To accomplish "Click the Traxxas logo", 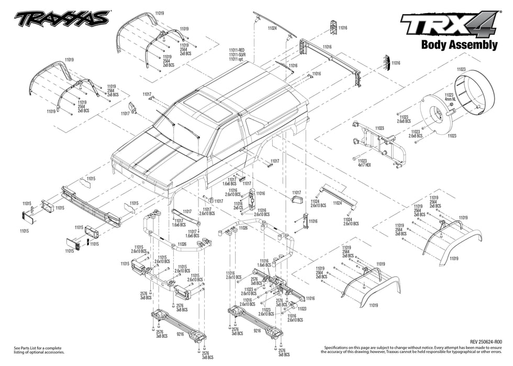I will tap(62, 19).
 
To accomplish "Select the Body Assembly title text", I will tap(459, 45).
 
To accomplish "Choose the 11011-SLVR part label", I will tap(237, 55).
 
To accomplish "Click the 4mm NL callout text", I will tap(452, 99).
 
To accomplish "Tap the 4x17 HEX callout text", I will tap(362, 165).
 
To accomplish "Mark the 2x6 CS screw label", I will tap(238, 208).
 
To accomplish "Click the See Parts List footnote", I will tap(38, 350).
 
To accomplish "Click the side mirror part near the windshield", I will tap(132, 108).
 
